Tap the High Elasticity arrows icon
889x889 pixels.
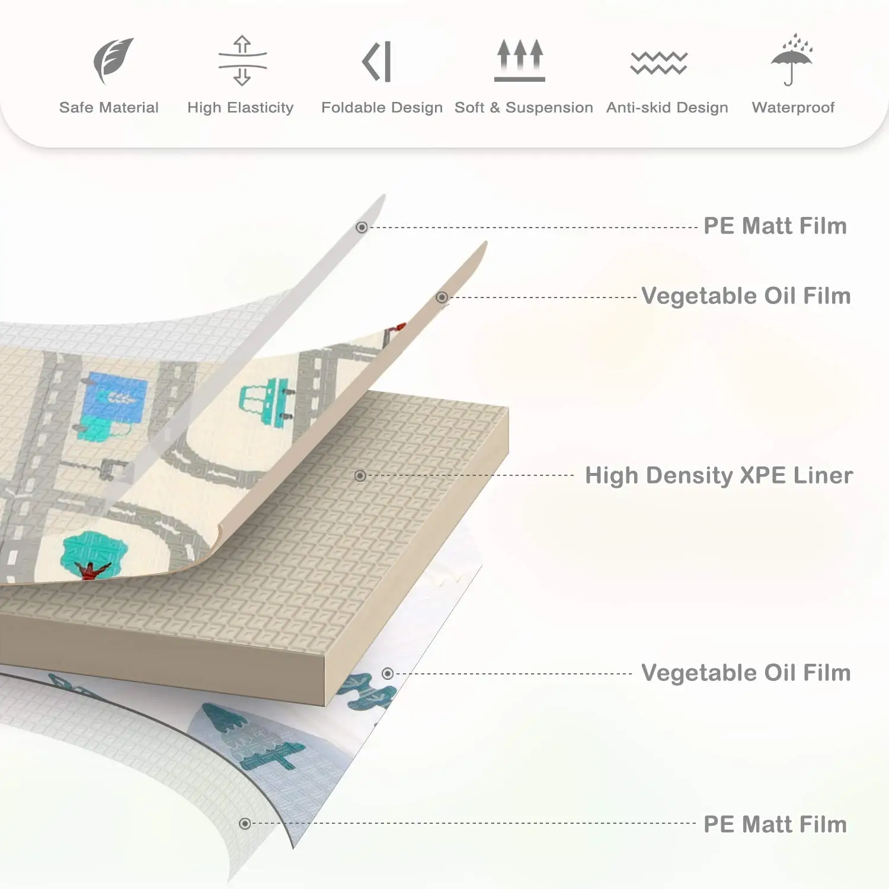[x=242, y=61]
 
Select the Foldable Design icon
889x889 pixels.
[x=377, y=62]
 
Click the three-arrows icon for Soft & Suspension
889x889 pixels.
[x=520, y=60]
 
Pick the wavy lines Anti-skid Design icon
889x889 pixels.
[x=658, y=63]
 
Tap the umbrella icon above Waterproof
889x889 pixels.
[x=792, y=59]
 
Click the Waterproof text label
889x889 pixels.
[x=793, y=107]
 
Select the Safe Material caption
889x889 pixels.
[x=109, y=107]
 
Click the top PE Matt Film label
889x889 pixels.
[x=775, y=226]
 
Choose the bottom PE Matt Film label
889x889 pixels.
[x=775, y=824]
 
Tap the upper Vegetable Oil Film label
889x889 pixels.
[x=746, y=296]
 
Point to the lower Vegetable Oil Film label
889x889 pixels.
[x=746, y=673]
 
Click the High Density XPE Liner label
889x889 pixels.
[x=719, y=475]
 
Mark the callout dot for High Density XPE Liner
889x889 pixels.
[x=360, y=476]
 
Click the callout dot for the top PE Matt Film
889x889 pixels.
[x=362, y=228]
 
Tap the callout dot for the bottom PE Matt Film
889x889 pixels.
[x=245, y=824]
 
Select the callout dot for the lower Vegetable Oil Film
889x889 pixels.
[x=388, y=674]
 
